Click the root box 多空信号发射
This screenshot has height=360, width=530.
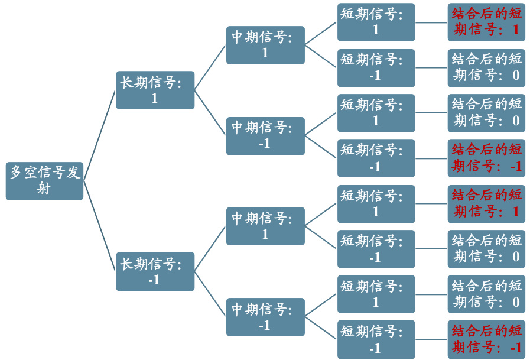pos(44,180)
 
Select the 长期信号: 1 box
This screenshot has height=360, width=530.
pos(155,90)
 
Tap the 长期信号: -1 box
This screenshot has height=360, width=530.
pos(155,271)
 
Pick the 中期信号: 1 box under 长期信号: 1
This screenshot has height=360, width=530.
pos(265,45)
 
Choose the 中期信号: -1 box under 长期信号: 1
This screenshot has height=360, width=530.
pos(265,135)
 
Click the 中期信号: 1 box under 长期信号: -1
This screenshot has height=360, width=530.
pos(265,226)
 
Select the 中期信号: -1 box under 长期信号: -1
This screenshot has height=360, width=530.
pos(265,317)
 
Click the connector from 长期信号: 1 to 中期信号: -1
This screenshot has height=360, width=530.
pos(210,112)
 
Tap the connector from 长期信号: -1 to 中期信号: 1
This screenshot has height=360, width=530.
pos(210,249)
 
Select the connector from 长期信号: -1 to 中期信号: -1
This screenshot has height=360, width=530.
pos(210,294)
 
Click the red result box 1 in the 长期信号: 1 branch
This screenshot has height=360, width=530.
pos(486,22)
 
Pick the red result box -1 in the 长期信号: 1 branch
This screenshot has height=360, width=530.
pos(486,158)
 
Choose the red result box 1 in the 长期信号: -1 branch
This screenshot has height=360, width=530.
pos(486,203)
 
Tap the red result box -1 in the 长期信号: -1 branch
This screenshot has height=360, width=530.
pos(486,339)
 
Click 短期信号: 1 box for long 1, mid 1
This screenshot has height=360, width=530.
pos(376,22)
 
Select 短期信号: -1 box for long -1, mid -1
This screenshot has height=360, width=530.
pos(376,339)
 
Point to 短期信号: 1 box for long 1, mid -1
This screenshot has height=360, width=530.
pos(376,113)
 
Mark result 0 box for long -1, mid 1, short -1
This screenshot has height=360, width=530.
pos(486,249)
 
